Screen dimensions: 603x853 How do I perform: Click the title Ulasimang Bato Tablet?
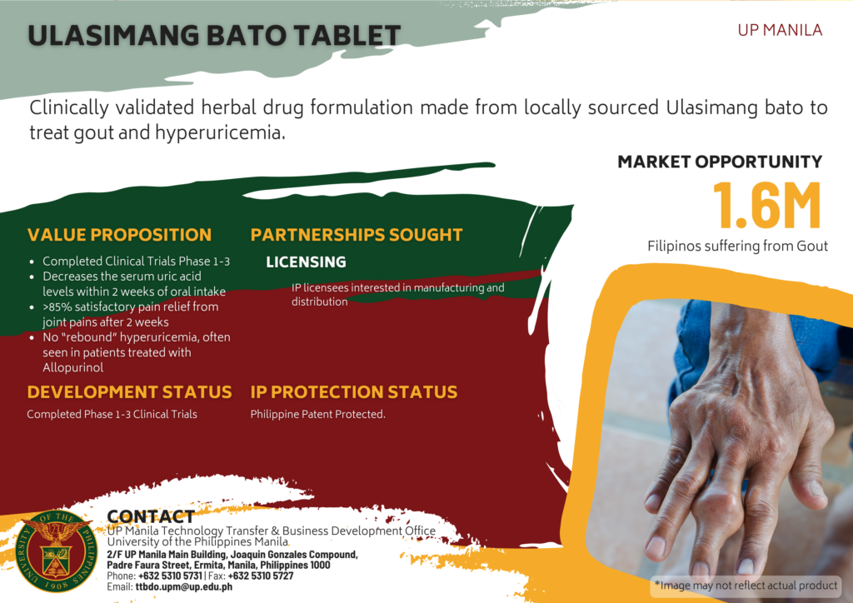pyautogui.click(x=214, y=36)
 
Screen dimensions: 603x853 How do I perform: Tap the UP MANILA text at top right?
pyautogui.click(x=780, y=30)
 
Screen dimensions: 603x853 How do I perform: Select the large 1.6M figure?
pyautogui.click(x=766, y=205)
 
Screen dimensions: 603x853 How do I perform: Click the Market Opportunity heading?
pyautogui.click(x=720, y=162)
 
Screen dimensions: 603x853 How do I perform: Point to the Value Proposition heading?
pyautogui.click(x=119, y=235)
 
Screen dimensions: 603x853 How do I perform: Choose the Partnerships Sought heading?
pyautogui.click(x=357, y=235)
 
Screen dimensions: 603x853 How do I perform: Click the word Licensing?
pyautogui.click(x=306, y=262)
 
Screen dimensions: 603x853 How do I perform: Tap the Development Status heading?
pyautogui.click(x=129, y=391)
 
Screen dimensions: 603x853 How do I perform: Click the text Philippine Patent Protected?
pyautogui.click(x=317, y=414)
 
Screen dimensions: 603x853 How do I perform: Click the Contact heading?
pyautogui.click(x=151, y=516)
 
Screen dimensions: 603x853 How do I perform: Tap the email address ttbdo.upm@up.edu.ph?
pyautogui.click(x=184, y=586)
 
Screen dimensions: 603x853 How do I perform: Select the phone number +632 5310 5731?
pyautogui.click(x=170, y=576)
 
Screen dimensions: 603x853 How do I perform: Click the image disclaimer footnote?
pyautogui.click(x=746, y=585)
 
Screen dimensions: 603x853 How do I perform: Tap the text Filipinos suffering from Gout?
pyautogui.click(x=738, y=246)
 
